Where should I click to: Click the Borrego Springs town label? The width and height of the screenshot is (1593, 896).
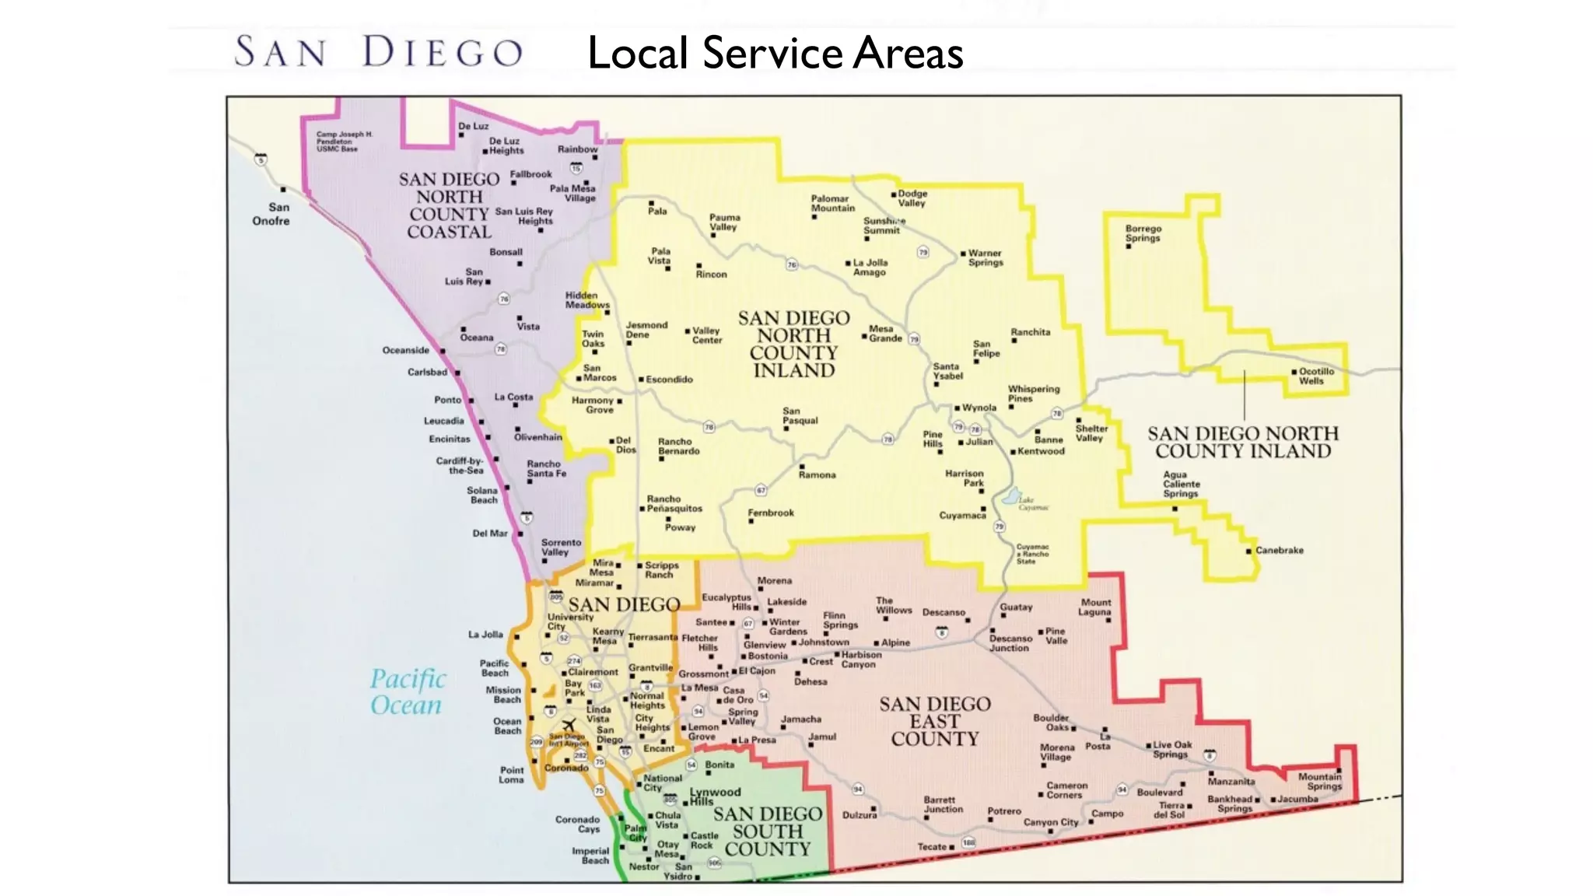[1143, 233]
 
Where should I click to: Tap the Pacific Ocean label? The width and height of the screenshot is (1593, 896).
[407, 691]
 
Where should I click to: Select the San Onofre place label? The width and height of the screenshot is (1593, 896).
[271, 214]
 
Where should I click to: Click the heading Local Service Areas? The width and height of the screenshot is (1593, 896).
[775, 53]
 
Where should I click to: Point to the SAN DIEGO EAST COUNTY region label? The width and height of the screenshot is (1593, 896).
[935, 721]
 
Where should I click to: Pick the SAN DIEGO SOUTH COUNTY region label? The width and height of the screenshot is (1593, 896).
[767, 831]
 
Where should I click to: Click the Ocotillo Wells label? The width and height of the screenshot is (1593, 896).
[1315, 376]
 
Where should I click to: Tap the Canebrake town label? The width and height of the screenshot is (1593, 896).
[1279, 550]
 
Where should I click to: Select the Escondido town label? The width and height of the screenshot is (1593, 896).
[669, 380]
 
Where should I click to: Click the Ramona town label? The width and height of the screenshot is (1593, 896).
[817, 474]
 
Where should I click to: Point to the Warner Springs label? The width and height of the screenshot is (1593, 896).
[985, 257]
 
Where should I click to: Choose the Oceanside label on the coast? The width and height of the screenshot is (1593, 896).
[405, 350]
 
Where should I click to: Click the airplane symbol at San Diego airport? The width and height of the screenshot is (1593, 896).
[569, 725]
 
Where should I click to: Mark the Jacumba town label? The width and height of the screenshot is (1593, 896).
[1298, 799]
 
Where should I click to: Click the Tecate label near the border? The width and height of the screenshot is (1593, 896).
[932, 846]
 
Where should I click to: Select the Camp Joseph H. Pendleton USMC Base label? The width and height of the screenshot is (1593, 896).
[344, 141]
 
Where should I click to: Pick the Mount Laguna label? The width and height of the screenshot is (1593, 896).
[1095, 607]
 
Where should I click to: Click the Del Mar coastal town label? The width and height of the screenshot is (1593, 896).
[489, 534]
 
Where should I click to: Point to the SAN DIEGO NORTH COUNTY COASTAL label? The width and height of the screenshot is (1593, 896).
[449, 205]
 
